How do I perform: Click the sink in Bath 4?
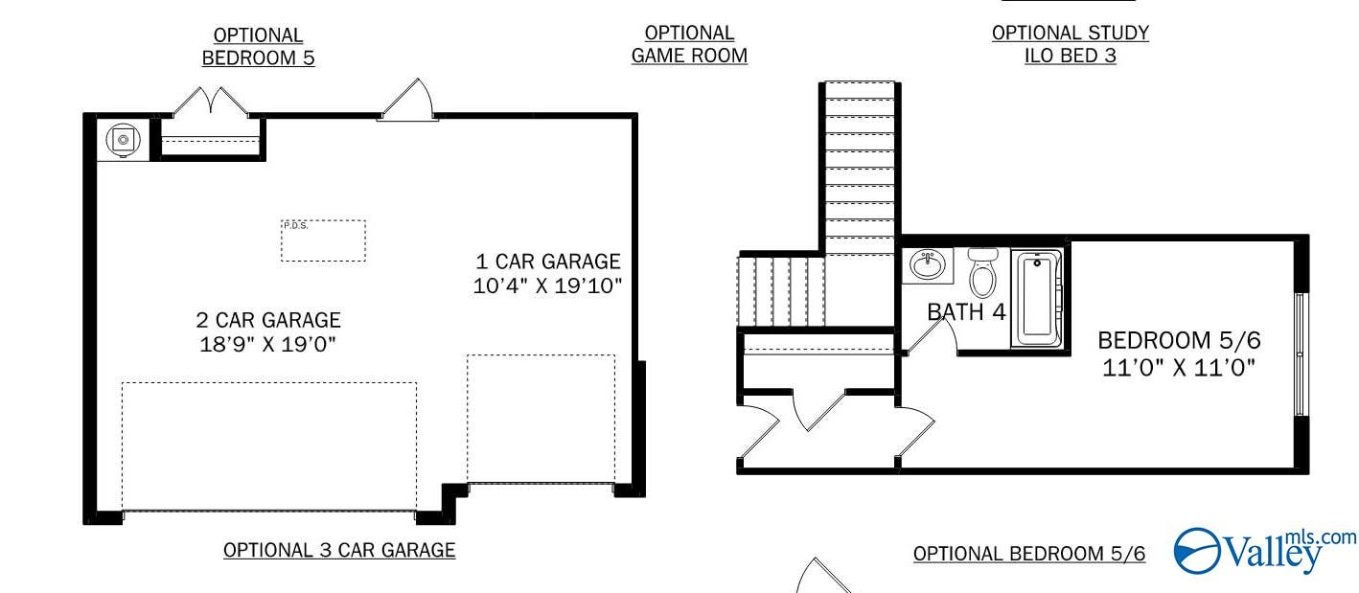pos(927,264)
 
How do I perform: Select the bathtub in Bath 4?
pos(1037,298)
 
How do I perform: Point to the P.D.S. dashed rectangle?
pos(323,240)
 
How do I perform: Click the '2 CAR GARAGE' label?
pos(268,320)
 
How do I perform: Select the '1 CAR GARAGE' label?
pos(547,261)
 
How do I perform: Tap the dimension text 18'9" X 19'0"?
pos(268,344)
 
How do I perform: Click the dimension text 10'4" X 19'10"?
pos(547,285)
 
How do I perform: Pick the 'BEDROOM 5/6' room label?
pos(1179,340)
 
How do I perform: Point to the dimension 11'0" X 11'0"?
pos(1179,367)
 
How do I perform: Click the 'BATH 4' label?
pos(966,312)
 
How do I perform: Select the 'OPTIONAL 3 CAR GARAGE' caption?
pos(339,550)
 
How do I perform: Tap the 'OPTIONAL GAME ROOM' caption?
pos(689,45)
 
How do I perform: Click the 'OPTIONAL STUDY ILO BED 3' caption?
pos(1071,44)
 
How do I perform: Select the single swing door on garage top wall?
pos(410,101)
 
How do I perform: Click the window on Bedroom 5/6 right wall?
pos(1301,354)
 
